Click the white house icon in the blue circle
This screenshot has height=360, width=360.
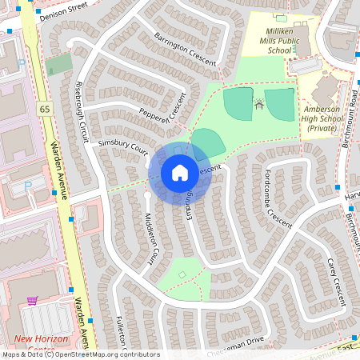(179, 173)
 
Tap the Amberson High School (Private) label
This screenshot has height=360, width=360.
(323, 118)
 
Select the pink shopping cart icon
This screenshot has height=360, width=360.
(32, 301)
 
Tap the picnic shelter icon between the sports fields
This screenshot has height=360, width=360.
(259, 103)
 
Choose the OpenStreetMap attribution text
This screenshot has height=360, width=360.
(80, 354)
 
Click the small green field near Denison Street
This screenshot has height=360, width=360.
(58, 64)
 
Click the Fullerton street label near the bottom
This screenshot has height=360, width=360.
(126, 334)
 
